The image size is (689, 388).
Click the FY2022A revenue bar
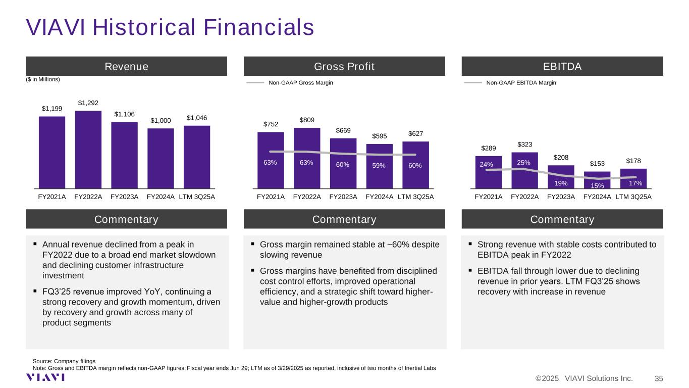[x=88, y=149]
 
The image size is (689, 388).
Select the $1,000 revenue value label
[x=161, y=121]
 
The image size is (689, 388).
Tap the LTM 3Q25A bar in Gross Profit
[x=415, y=164]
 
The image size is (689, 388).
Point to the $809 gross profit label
[x=306, y=120]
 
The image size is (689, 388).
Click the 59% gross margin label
[x=379, y=165]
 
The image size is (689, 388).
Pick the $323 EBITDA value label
[x=524, y=144]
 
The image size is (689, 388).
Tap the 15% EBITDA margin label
[x=597, y=185]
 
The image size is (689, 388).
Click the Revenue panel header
[x=126, y=67]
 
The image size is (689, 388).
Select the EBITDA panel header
[x=562, y=67]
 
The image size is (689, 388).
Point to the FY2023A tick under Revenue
[x=124, y=197]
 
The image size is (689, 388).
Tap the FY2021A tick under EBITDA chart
[x=488, y=197]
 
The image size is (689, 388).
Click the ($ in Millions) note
[x=43, y=79]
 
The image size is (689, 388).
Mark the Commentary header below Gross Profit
[x=344, y=219]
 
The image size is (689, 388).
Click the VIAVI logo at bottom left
[x=45, y=378]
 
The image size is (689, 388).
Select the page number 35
[x=659, y=378]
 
